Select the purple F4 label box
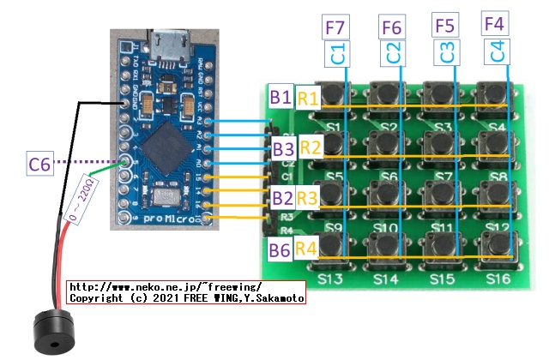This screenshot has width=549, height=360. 495,25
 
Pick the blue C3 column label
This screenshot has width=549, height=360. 445,53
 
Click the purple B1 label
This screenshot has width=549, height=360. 281,95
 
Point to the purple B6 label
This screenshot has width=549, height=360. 280,250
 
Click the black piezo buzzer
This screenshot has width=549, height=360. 52,333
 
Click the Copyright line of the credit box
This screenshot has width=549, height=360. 185,299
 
